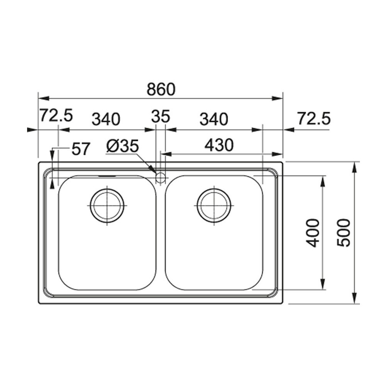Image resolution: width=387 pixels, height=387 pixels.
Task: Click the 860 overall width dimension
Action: point(161,89)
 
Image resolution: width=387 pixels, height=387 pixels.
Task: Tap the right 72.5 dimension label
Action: point(313,118)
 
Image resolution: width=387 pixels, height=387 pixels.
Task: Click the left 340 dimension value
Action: point(106,119)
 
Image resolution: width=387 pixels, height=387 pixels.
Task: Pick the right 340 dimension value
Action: point(214,119)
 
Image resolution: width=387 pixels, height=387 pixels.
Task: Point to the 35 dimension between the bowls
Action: point(161,116)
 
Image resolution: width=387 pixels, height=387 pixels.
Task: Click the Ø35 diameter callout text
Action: point(122,146)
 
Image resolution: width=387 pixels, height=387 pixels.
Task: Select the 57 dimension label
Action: point(81,149)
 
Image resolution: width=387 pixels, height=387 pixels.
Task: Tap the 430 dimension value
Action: point(219,146)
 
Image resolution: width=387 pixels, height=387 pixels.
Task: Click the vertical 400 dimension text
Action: point(313,233)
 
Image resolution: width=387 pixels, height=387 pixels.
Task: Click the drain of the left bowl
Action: point(107,205)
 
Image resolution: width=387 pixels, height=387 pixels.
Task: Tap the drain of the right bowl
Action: point(214,205)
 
